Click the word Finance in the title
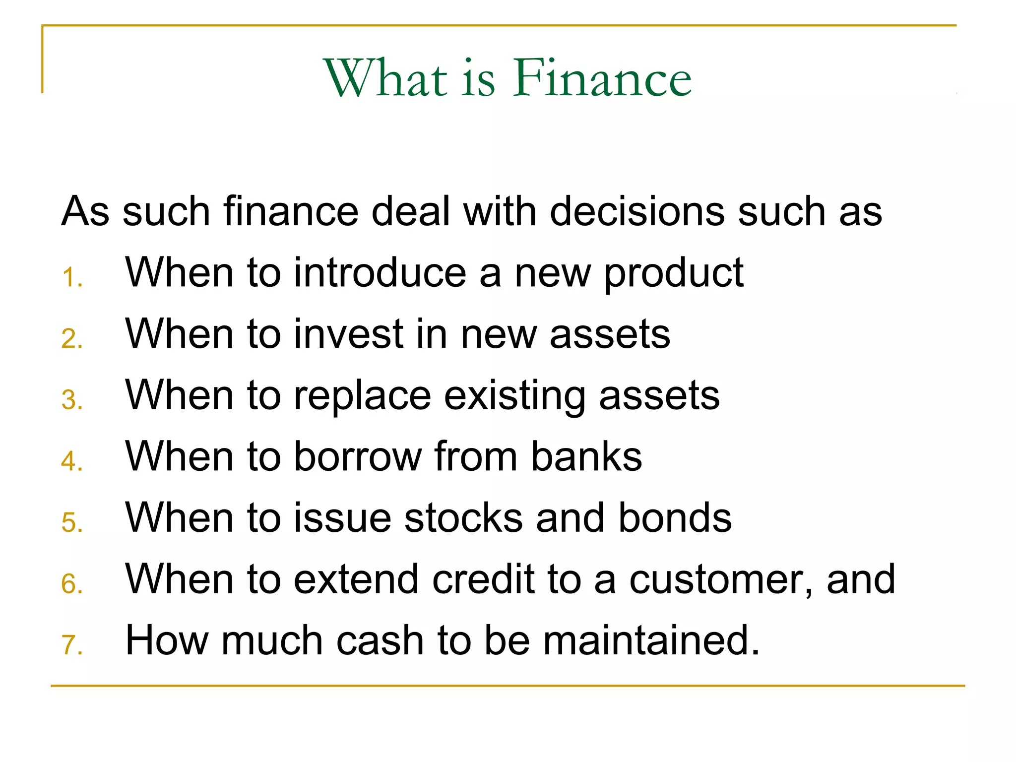tap(602, 78)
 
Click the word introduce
tap(380, 272)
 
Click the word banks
tap(586, 456)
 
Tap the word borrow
tap(358, 456)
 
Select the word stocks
tap(463, 518)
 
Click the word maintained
tap(651, 640)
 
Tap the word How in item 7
tap(167, 640)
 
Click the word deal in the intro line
tap(411, 211)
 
